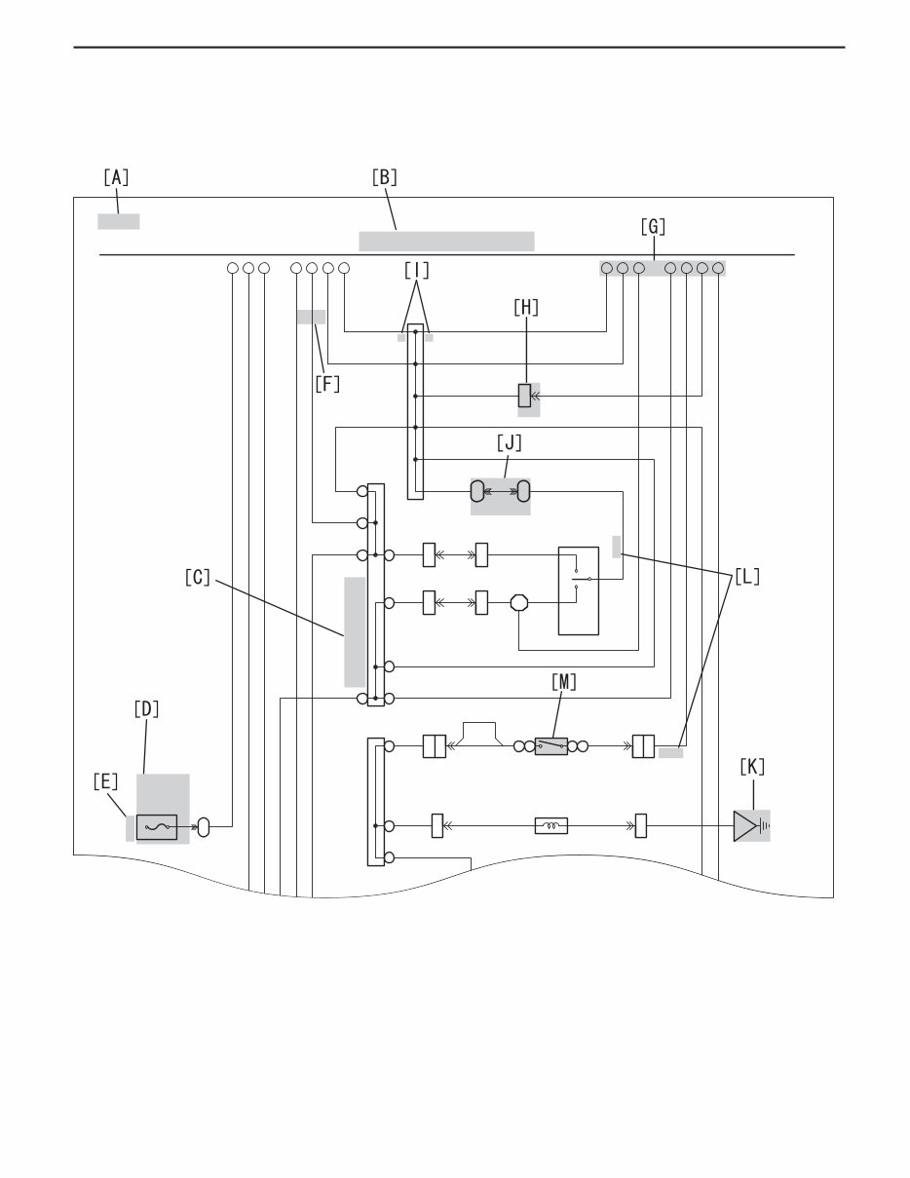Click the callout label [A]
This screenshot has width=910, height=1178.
116,177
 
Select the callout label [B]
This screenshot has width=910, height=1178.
385,177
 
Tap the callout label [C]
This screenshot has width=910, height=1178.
198,577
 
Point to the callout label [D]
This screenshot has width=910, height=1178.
146,709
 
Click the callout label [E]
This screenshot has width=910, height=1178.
106,781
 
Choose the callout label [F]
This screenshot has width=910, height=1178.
327,384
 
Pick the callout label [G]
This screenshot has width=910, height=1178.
653,227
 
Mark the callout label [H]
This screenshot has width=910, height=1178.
525,307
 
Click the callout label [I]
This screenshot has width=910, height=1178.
416,270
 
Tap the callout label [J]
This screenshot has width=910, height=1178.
509,443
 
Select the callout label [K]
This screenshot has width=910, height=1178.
752,767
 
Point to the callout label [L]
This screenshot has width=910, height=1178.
747,576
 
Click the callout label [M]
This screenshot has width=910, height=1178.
564,683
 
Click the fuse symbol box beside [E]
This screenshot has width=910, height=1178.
156,827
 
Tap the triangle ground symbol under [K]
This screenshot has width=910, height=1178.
746,827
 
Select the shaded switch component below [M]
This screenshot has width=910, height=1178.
551,747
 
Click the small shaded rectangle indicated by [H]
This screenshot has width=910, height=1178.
524,396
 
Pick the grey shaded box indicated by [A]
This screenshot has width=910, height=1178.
118,221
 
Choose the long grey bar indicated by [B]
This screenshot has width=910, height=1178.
446,241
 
